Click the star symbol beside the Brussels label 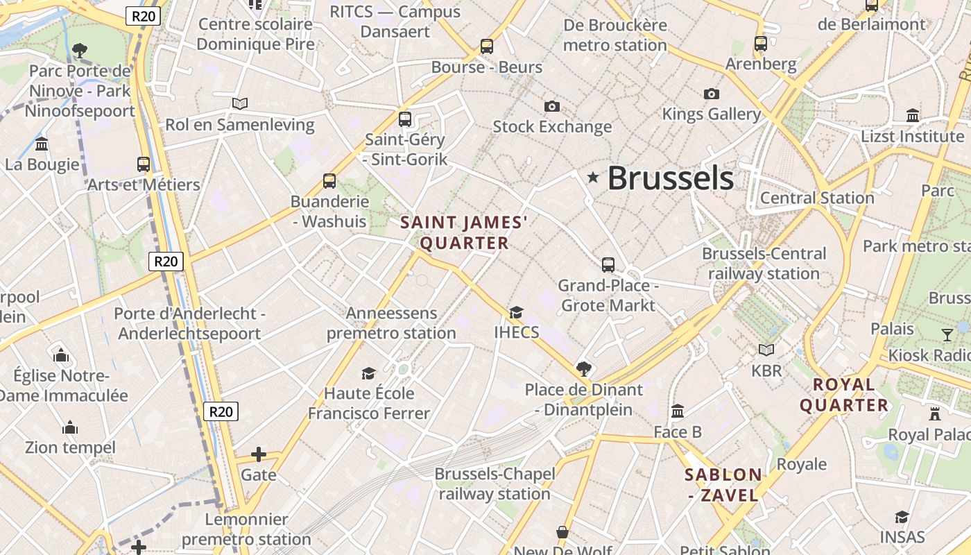coord(592,178)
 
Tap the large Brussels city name coord(670,178)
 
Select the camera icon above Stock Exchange coord(552,106)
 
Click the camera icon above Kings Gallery coord(711,94)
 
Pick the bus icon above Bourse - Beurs coord(487,46)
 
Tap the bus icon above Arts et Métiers coord(144,164)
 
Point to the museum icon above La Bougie coord(42,144)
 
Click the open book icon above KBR coord(766,350)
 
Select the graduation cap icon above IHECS coord(516,312)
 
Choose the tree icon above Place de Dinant coord(584,368)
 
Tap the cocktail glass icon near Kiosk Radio coord(947,335)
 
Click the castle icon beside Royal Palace coord(935,414)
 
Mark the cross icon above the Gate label coord(259,454)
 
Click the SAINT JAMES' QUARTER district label coord(464,232)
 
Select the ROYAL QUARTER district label coord(844,395)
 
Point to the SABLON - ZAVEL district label coord(723,485)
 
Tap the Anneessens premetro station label coord(391,323)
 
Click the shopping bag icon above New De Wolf coord(562,532)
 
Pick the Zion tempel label coord(70,447)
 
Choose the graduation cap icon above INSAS coord(902,517)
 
